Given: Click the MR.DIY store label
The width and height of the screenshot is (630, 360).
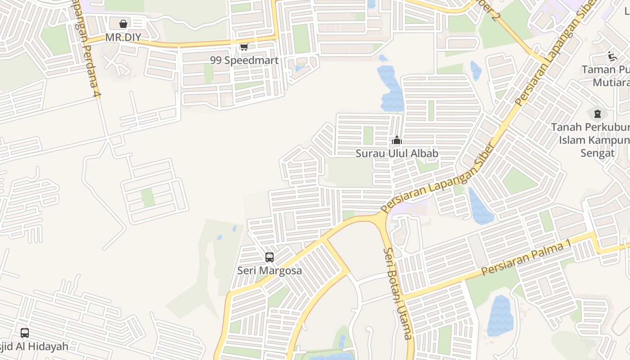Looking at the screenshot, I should tap(123, 37).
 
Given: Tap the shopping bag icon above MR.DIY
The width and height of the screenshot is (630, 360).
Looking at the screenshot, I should tap(123, 23).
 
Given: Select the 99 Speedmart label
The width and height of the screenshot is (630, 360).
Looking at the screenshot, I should tap(244, 60).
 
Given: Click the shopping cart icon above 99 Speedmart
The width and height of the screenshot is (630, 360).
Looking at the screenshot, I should tap(244, 47).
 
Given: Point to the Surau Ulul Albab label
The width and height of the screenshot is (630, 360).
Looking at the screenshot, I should tap(397, 153).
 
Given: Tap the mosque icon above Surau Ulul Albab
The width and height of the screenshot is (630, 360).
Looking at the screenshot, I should tap(396, 140).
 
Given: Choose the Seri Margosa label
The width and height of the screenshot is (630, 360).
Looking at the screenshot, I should tap(270, 271).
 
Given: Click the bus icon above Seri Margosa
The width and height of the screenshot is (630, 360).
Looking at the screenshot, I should tap(270, 257).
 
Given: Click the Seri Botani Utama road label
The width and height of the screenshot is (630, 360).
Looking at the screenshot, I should tap(398, 293).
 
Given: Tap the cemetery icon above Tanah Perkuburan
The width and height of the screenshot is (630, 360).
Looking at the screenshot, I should tap(598, 113).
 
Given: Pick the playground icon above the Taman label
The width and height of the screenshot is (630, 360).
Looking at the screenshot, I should tap(612, 56).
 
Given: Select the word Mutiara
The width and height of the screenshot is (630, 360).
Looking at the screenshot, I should tap(611, 82).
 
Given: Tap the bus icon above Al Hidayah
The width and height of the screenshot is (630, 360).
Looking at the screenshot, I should tap(25, 333).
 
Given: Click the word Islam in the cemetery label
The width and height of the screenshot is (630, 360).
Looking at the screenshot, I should tap(570, 140).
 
